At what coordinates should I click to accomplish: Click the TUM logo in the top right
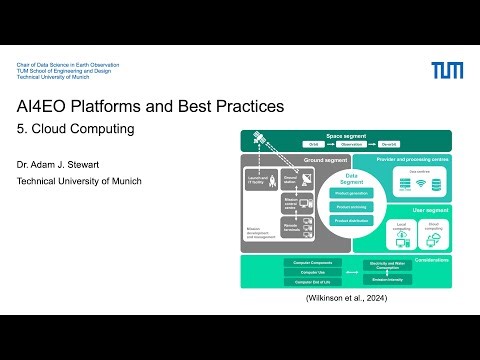(x=447, y=70)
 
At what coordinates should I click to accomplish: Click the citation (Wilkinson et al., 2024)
(x=346, y=299)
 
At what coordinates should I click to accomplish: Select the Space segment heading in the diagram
(x=346, y=135)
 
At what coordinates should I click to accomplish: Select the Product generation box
(x=352, y=193)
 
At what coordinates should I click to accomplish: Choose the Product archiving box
(x=352, y=207)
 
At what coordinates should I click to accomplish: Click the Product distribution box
(x=352, y=220)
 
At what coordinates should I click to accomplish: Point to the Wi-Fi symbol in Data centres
(x=419, y=184)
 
